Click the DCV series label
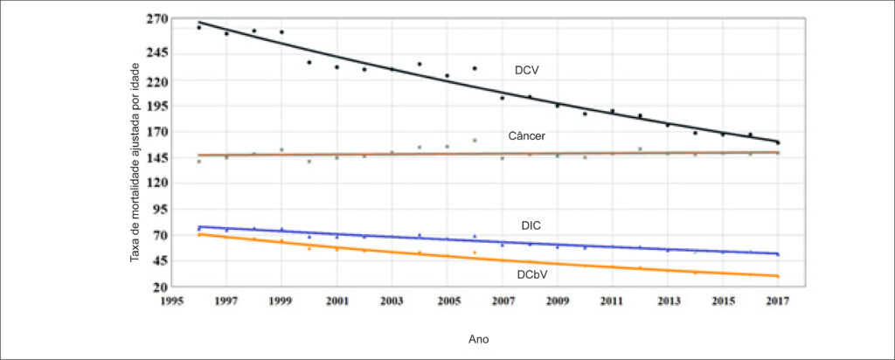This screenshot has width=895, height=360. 527,71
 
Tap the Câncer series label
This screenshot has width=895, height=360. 527,136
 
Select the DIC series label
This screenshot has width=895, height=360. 531,226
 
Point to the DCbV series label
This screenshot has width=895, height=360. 532,273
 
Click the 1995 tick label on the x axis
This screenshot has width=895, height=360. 171,302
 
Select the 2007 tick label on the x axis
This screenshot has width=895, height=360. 503,302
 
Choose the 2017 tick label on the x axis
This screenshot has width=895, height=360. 778,302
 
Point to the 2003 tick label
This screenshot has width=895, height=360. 392,302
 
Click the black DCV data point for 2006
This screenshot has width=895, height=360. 475,68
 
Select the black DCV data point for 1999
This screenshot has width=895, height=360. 281,32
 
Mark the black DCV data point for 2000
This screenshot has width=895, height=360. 309,62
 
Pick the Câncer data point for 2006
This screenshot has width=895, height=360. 475,140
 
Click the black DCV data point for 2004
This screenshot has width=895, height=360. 420,64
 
